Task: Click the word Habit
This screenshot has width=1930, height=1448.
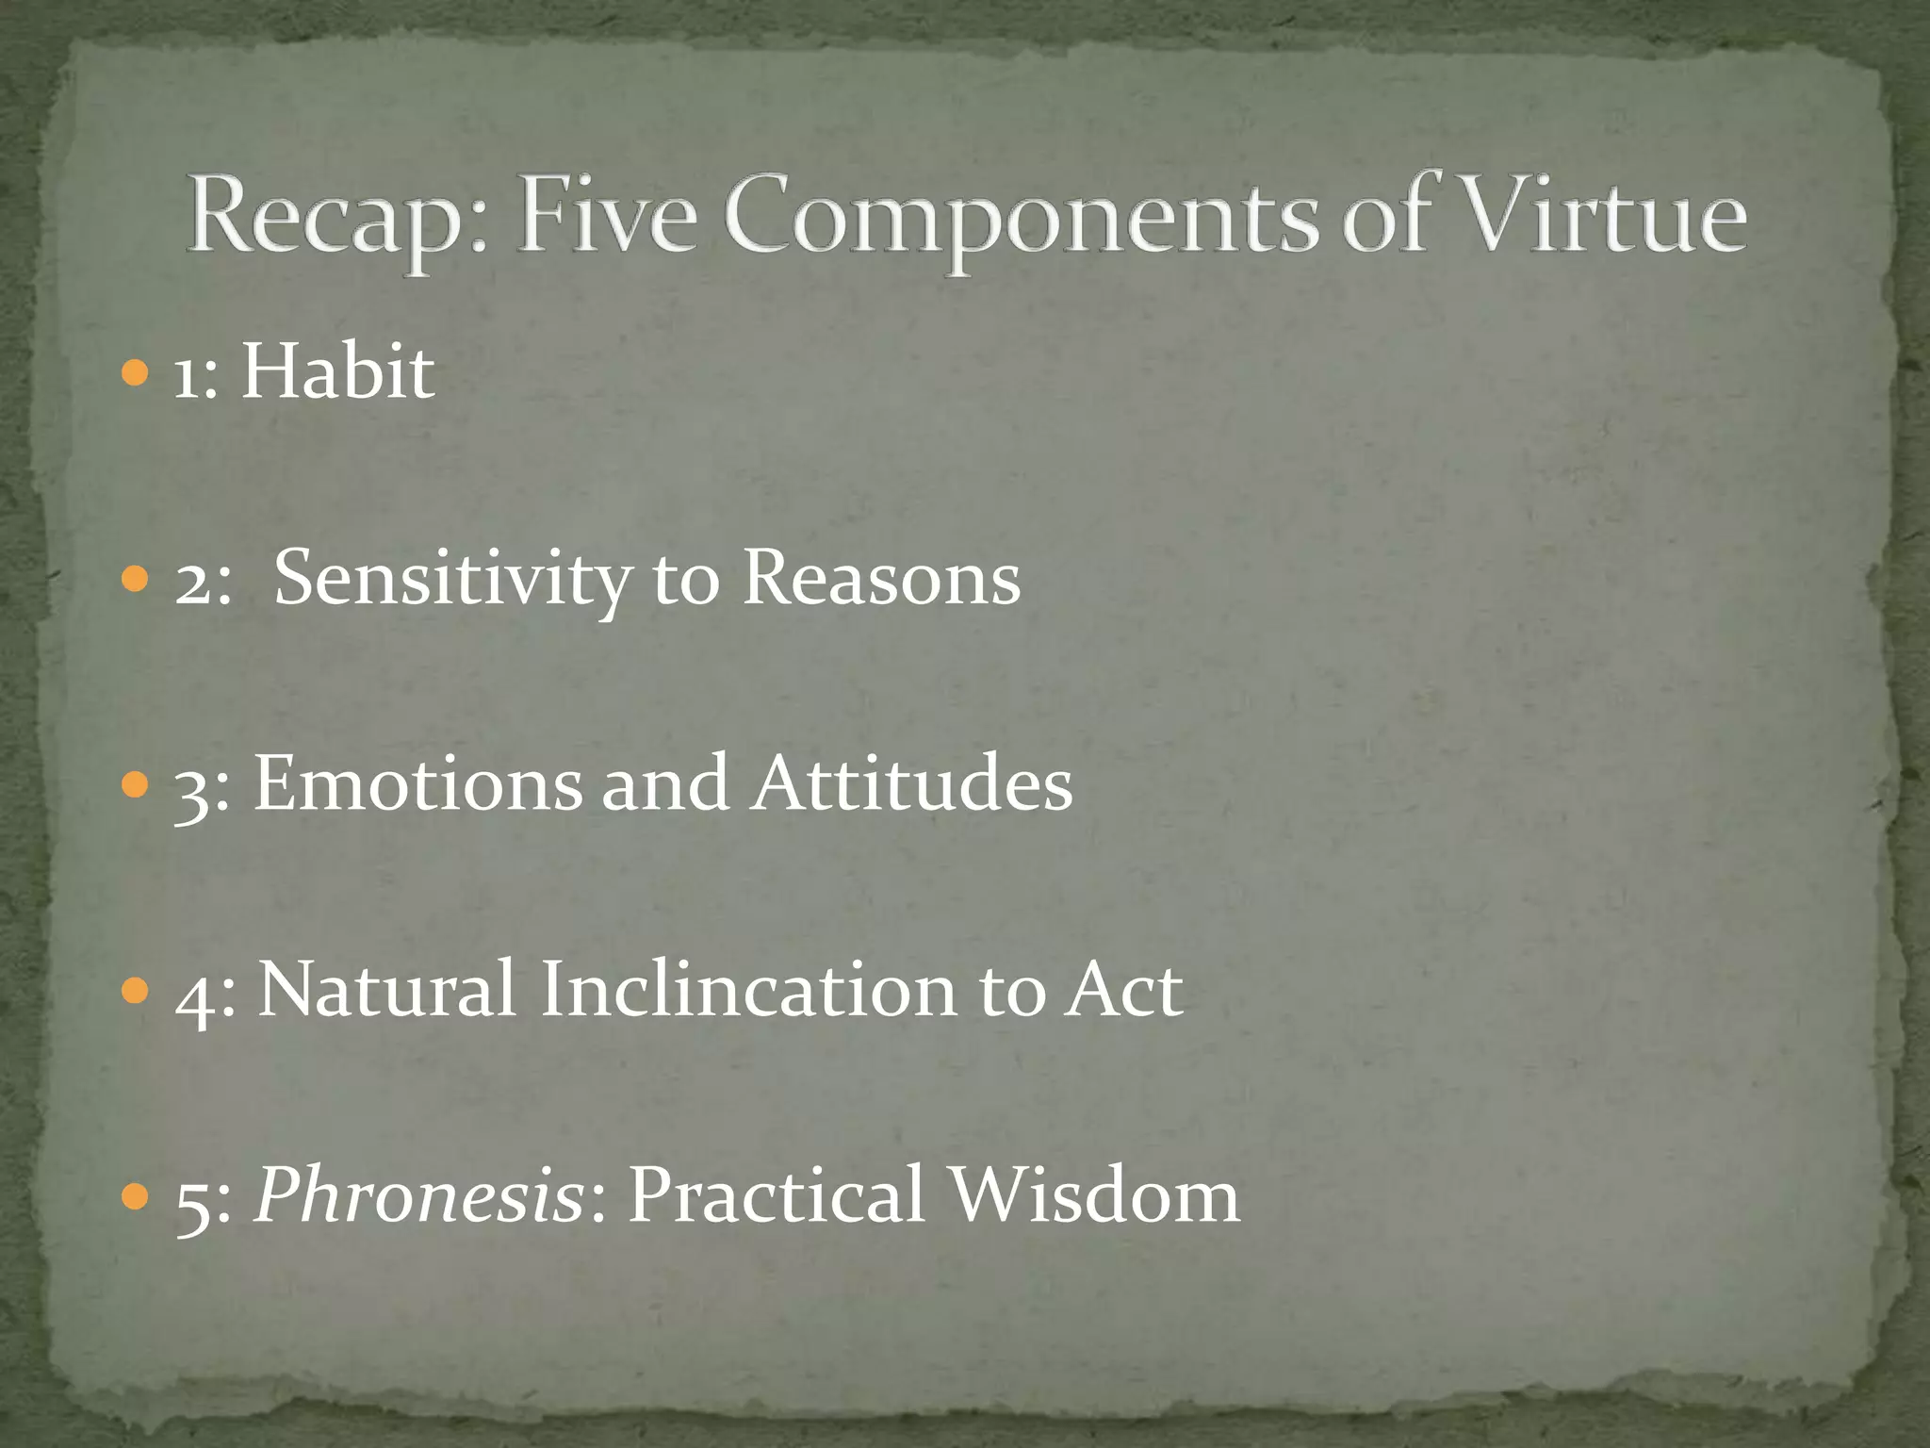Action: coord(337,371)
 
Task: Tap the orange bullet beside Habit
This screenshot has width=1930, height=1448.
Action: coord(136,373)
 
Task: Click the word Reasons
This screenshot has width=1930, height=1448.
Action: coord(881,577)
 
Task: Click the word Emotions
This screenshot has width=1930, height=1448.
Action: coord(418,783)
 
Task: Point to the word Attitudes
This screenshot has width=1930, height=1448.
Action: coord(911,783)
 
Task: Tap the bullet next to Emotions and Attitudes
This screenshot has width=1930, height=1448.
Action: coord(136,784)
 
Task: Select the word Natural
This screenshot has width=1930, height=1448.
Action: coord(387,989)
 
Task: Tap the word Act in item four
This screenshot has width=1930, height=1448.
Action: coord(1123,989)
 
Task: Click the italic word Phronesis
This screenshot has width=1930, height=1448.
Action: coord(418,1195)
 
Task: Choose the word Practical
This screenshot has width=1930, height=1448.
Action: coord(776,1195)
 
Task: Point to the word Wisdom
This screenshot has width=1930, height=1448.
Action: coord(1093,1195)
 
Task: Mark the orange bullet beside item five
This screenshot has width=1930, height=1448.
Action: coord(136,1196)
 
